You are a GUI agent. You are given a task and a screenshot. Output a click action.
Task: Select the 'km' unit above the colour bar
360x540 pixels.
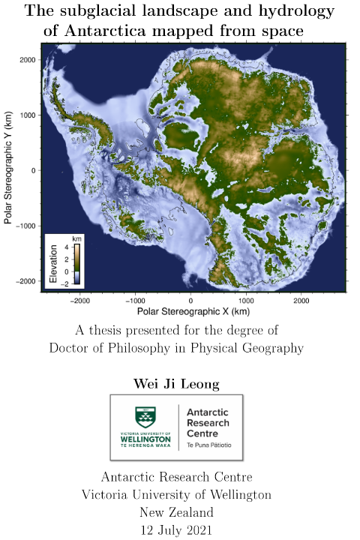coord(76,238)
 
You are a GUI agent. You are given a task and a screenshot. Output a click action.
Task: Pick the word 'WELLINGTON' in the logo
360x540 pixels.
coord(145,439)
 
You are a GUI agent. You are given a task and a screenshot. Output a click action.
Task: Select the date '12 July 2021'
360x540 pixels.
coord(177,529)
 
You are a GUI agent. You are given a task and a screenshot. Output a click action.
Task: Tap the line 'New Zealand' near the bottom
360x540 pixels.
coord(177,512)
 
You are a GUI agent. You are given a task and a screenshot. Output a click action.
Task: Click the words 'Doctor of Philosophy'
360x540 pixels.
coord(112,347)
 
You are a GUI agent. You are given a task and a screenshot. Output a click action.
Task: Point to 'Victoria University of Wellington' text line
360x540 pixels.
coord(177,495)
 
